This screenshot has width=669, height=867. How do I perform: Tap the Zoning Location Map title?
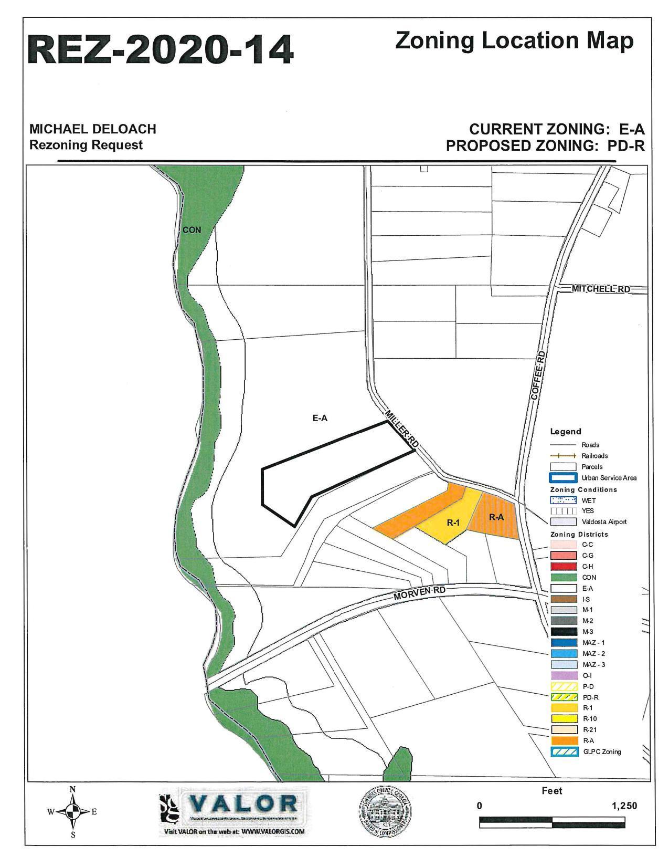pos(514,40)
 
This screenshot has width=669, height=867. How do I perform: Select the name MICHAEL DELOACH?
pos(92,129)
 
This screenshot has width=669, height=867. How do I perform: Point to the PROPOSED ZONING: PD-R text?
pos(545,146)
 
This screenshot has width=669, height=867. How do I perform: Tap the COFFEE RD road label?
pos(538,375)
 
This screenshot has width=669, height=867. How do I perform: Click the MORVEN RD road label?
pos(420,593)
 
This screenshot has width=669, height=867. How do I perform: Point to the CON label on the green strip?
pos(192,229)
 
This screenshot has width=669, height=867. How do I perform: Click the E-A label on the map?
pos(320,418)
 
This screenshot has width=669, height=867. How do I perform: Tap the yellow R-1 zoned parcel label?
pos(453,523)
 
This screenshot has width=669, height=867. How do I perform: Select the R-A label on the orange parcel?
pos(496,517)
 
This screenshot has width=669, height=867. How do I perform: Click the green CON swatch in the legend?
pos(564,577)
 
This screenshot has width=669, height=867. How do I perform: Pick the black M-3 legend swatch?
pos(564,632)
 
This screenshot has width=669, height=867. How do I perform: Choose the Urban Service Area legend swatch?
pos(564,478)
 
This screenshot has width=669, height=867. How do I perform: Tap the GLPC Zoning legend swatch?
pos(564,751)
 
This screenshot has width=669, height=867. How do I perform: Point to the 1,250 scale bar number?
pos(624,806)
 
